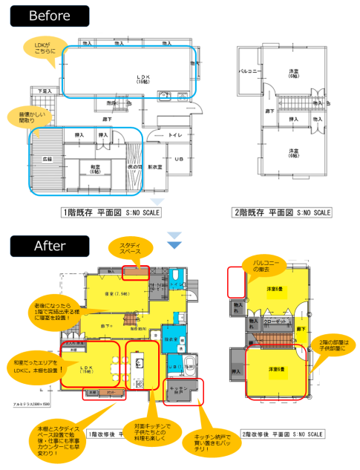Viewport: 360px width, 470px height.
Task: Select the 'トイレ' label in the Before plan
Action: coord(177,136)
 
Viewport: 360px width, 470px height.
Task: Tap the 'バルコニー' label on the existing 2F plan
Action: coord(247,72)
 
